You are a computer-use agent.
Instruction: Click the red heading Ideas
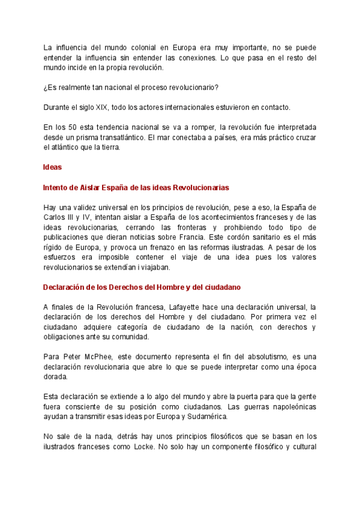coord(53,167)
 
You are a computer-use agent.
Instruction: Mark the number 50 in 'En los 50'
coord(76,128)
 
